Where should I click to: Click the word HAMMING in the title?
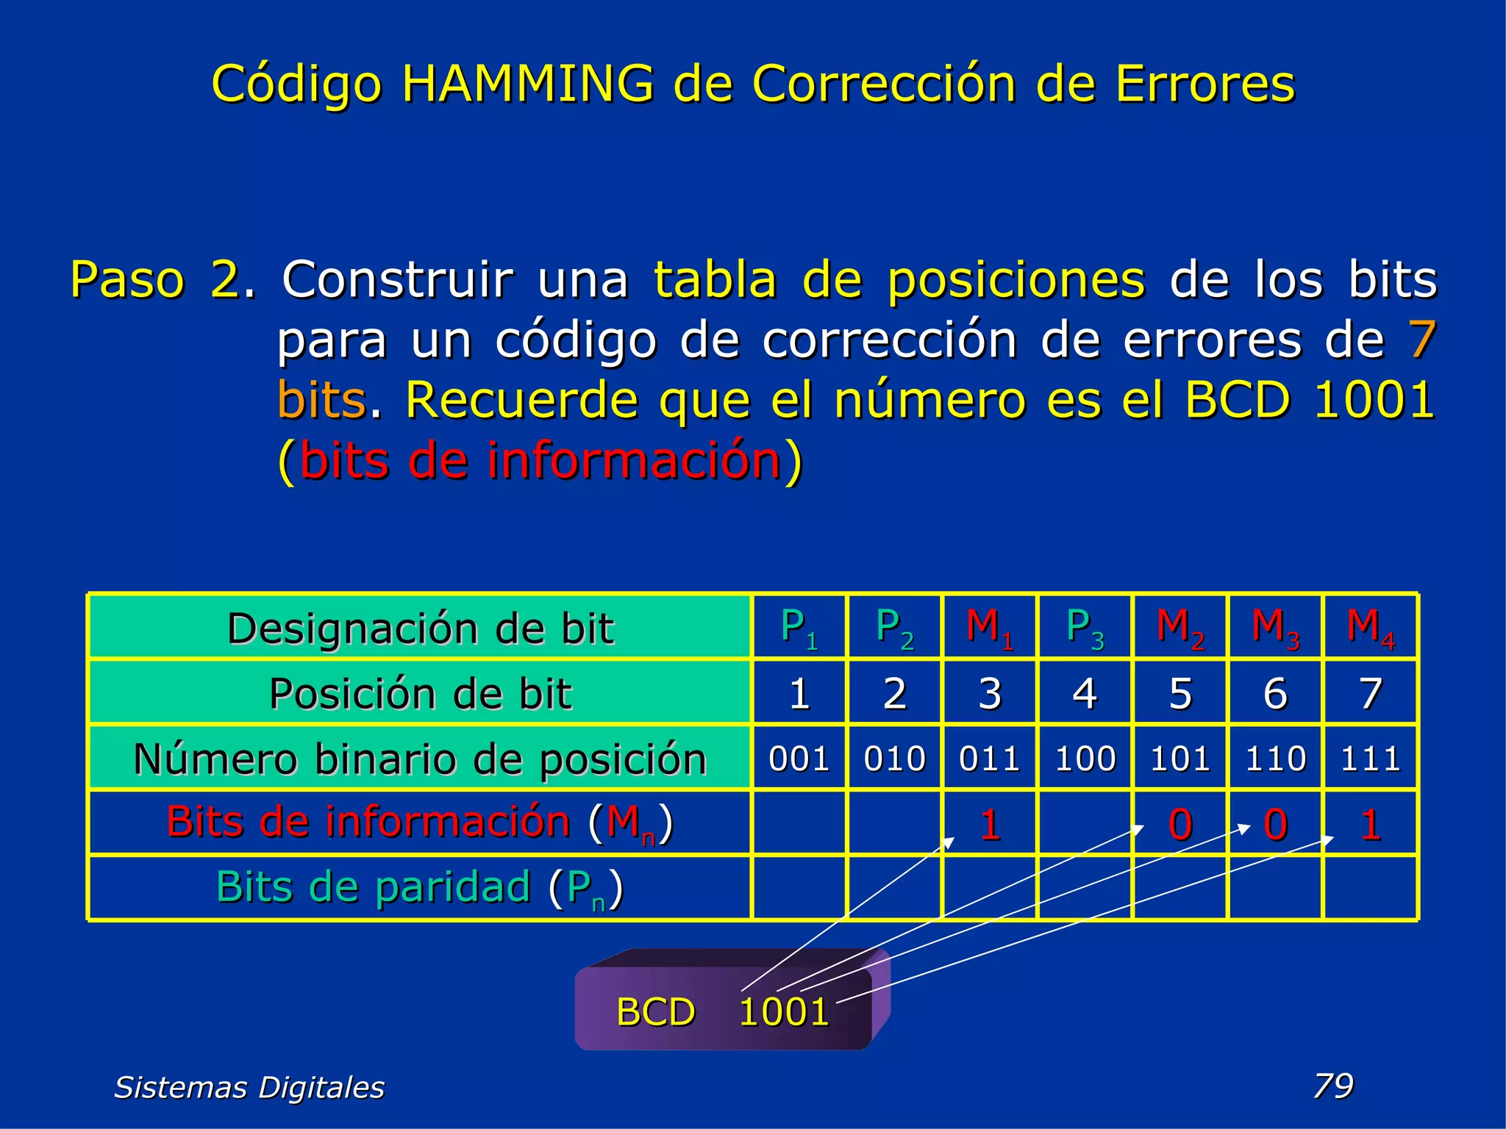(x=527, y=83)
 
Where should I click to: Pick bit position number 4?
(x=1085, y=693)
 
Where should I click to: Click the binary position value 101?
(x=1180, y=758)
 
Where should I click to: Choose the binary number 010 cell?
(x=894, y=758)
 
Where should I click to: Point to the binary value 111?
(x=1370, y=758)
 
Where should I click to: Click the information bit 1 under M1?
(x=990, y=824)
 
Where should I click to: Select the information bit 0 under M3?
(x=1276, y=824)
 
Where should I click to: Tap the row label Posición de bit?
(x=420, y=693)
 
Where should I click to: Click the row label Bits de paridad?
(x=420, y=888)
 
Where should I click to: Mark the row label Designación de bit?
(x=420, y=628)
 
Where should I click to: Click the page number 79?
(x=1333, y=1086)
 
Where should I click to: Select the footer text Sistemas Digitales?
(x=249, y=1087)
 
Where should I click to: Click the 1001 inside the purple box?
(x=784, y=1011)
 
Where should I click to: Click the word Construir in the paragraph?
(x=398, y=279)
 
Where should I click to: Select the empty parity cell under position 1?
(x=799, y=888)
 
